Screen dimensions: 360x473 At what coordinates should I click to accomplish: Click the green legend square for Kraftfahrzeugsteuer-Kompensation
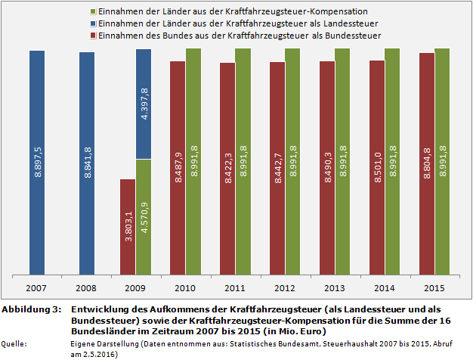pyautogui.click(x=92, y=12)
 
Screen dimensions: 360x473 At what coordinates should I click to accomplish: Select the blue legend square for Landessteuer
pyautogui.click(x=92, y=24)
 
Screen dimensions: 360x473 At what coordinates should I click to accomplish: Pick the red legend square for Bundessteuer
pyautogui.click(x=92, y=36)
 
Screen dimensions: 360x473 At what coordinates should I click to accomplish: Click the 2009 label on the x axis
pyautogui.click(x=136, y=288)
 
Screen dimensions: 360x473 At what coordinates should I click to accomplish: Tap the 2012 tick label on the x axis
pyautogui.click(x=285, y=288)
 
